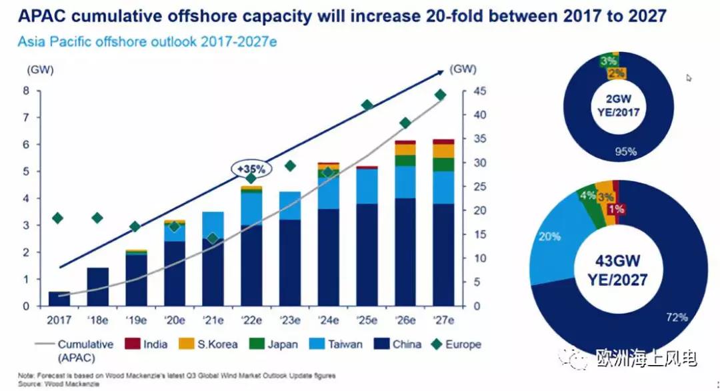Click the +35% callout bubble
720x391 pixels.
pos(250,169)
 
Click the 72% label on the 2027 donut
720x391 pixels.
pos(676,317)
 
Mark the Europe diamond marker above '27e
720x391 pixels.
pos(441,95)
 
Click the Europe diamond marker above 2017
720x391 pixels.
pos(58,218)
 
